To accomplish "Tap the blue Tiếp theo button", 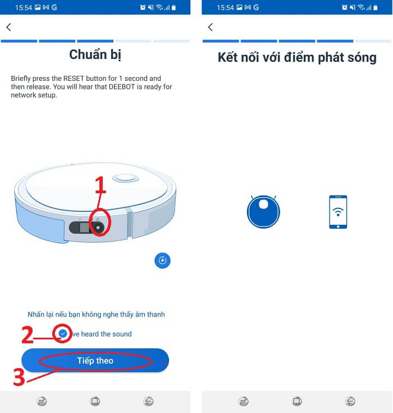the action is click(x=95, y=360).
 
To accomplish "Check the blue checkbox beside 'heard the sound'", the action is click(x=63, y=333).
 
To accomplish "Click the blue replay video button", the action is click(x=162, y=261).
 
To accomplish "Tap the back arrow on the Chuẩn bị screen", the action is click(x=8, y=27).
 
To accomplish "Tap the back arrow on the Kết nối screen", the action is click(x=211, y=27).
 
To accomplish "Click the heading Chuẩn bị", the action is click(x=95, y=55).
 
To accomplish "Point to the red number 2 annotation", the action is click(x=28, y=334).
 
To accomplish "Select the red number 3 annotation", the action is click(x=19, y=377).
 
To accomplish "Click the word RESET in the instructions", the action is click(x=74, y=79).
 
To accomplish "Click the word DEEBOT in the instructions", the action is click(x=122, y=87).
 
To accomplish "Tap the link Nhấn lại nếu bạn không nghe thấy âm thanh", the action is click(x=97, y=314).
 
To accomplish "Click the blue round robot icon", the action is click(x=263, y=212).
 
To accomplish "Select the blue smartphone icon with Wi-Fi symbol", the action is click(x=338, y=212).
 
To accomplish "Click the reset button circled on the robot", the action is click(x=98, y=228).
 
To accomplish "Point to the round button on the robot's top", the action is click(x=126, y=178).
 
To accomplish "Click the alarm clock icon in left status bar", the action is click(x=143, y=7).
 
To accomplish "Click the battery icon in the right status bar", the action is click(x=376, y=7).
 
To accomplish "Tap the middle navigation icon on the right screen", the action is click(x=297, y=401).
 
